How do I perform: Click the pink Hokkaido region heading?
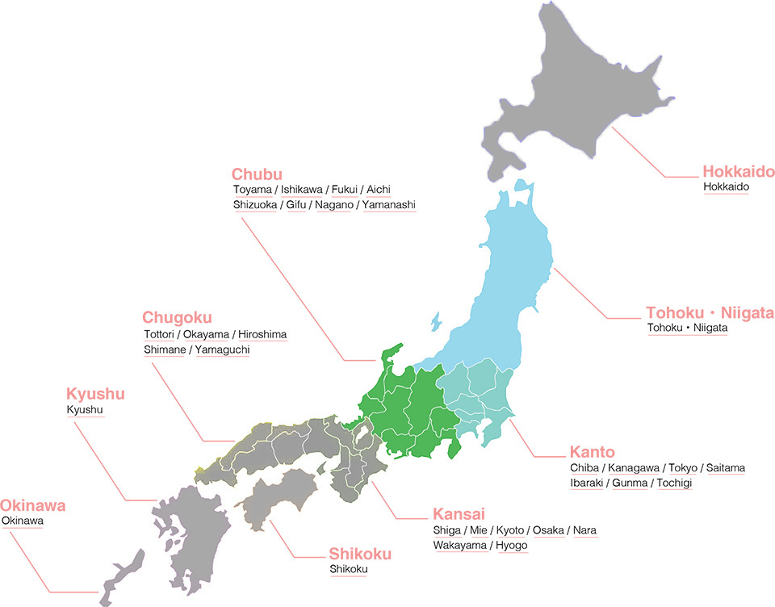738,171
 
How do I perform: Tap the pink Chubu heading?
257,174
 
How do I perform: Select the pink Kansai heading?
459,514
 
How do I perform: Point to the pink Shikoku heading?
360,554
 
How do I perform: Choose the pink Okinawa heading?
32,506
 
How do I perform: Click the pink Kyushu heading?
94,395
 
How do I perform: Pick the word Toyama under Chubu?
253,190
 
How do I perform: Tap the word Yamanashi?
389,205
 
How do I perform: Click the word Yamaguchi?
222,350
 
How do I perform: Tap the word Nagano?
333,205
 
